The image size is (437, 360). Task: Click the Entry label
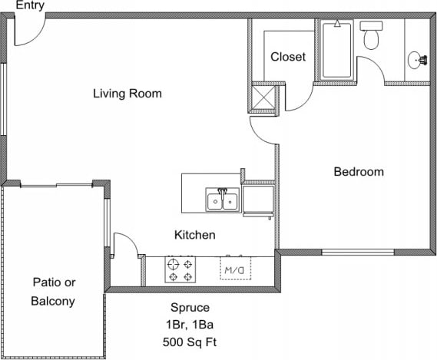pyautogui.click(x=25, y=5)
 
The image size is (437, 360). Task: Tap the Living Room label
pyautogui.click(x=127, y=94)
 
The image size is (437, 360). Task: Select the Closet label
pyautogui.click(x=288, y=57)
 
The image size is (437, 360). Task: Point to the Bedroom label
pyautogui.click(x=358, y=171)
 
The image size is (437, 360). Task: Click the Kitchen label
pyautogui.click(x=194, y=235)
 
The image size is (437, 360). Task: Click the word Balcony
pyautogui.click(x=53, y=301)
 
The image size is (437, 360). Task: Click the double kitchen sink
pyautogui.click(x=223, y=201)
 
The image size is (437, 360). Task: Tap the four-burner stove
pyautogui.click(x=182, y=270)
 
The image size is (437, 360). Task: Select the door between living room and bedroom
pyautogui.click(x=263, y=130)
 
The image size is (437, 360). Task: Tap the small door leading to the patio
pyautogui.click(x=124, y=246)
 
